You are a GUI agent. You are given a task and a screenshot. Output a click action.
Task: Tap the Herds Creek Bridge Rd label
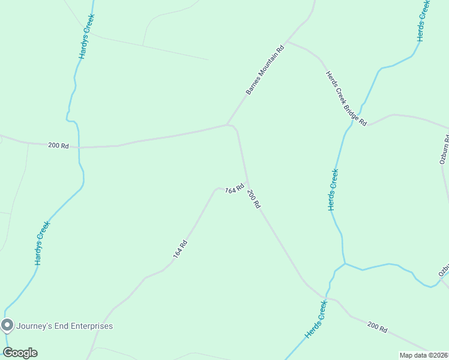point(346,98)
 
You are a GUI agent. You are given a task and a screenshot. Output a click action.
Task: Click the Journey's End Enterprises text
point(64,326)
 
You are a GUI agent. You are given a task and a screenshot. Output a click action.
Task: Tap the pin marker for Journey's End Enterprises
point(7,326)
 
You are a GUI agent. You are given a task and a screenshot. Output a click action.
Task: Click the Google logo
point(20,352)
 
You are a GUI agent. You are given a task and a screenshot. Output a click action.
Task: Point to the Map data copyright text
point(424,355)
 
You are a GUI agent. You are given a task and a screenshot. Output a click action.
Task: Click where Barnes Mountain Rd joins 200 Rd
point(228,125)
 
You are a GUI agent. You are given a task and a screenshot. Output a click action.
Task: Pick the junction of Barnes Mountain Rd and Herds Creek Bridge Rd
point(287,42)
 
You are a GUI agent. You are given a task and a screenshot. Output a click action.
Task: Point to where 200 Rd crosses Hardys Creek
point(79,147)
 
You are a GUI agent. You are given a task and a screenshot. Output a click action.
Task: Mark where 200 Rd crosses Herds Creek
point(325,297)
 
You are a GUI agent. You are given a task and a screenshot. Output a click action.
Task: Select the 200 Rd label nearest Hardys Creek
point(58,145)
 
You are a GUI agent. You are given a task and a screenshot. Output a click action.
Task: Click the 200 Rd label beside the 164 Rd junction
point(254,199)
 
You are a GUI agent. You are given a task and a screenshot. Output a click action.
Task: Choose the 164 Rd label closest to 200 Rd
point(234,189)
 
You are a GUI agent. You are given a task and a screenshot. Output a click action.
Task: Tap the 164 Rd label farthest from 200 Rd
point(181,249)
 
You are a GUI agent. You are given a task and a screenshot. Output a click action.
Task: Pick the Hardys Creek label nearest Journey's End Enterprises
point(41,244)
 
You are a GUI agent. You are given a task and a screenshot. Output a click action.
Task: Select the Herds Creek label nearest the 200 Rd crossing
point(316,320)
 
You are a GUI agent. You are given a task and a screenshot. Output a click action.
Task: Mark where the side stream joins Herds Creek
point(345,263)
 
